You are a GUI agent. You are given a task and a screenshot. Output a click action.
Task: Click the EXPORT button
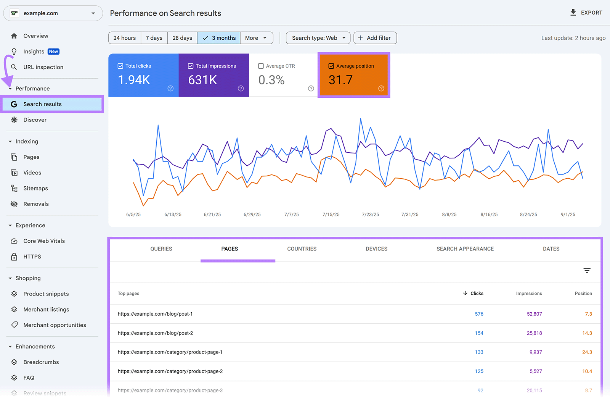tap(586, 13)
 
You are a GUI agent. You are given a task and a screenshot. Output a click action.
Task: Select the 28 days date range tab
tap(182, 38)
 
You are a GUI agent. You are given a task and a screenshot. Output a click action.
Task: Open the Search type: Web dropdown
tap(318, 38)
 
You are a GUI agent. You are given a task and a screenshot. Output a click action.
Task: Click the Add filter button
tap(375, 38)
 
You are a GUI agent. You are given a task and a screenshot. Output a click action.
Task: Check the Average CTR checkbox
tap(261, 66)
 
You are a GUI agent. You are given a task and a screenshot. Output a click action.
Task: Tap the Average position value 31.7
tap(340, 80)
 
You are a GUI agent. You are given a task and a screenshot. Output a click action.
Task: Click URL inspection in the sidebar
tap(43, 67)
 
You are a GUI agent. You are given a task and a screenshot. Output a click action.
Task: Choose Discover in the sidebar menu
tap(35, 120)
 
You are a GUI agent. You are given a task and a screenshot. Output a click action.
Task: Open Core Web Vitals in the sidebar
tap(44, 241)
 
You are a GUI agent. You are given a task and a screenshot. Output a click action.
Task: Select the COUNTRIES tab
tap(302, 249)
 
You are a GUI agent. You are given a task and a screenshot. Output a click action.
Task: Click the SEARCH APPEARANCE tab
tap(465, 249)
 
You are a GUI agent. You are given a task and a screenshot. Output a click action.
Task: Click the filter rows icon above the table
tap(587, 271)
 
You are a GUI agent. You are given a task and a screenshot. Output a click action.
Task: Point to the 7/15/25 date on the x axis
tap(331, 215)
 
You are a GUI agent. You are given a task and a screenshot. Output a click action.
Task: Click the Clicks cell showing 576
tap(479, 314)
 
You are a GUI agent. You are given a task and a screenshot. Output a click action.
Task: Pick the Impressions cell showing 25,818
tap(534, 333)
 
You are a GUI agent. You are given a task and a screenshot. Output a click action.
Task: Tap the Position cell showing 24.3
tap(587, 352)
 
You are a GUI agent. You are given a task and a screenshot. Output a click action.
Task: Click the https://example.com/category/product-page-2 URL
tap(170, 371)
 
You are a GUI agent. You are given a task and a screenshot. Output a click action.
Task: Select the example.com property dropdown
tap(53, 13)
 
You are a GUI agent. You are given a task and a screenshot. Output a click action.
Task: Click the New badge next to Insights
tap(54, 52)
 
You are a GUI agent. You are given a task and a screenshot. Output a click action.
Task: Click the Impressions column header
tap(529, 294)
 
